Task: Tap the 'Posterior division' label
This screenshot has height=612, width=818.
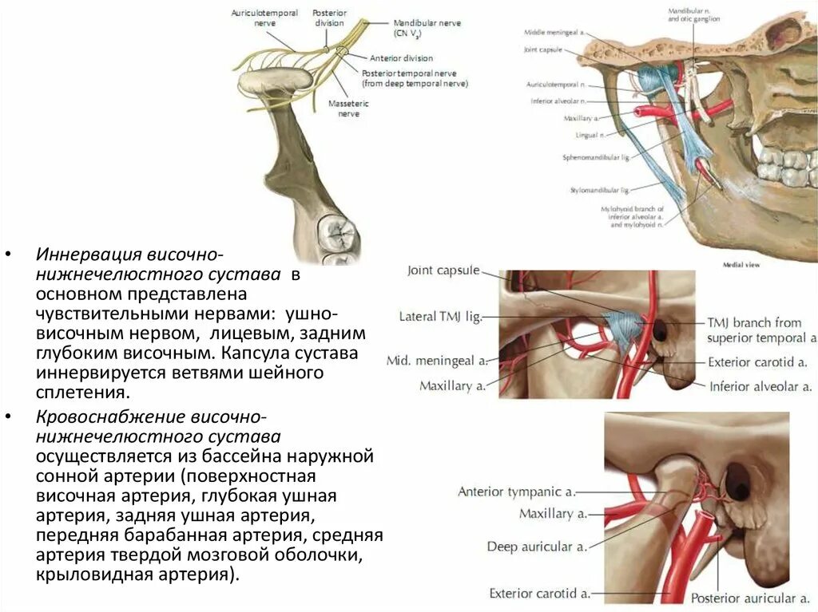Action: pyautogui.click(x=328, y=18)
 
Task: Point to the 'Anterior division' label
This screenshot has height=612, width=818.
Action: pyautogui.click(x=401, y=58)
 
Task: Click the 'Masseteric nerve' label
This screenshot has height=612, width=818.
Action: pyautogui.click(x=343, y=109)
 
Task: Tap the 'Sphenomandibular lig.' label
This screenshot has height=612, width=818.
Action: pyautogui.click(x=598, y=158)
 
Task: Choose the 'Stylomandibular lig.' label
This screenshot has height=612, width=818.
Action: pyautogui.click(x=600, y=191)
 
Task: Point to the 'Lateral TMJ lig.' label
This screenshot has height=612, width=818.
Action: pyautogui.click(x=440, y=317)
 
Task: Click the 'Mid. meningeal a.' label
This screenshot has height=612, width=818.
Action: pyautogui.click(x=437, y=361)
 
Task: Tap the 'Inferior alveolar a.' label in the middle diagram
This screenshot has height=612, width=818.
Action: pyautogui.click(x=763, y=387)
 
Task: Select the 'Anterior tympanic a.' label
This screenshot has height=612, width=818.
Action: pyautogui.click(x=516, y=492)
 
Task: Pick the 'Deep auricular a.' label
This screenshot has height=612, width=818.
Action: pyautogui.click(x=537, y=547)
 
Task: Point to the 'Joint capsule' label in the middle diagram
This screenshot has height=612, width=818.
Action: pyautogui.click(x=443, y=270)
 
